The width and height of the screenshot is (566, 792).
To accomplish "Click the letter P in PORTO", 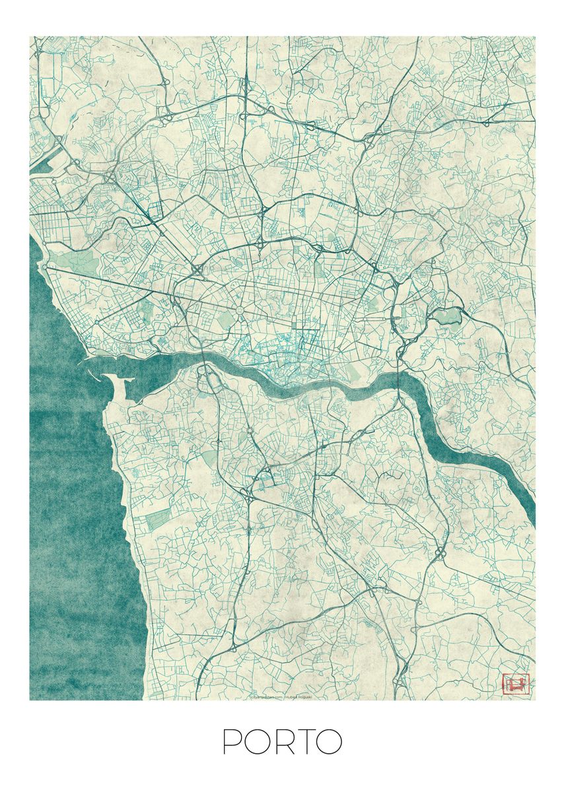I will pyautogui.click(x=232, y=742).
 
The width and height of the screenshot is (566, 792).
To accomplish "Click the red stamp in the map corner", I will pyautogui.click(x=516, y=684).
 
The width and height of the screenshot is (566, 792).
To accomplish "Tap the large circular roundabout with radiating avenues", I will pyautogui.click(x=240, y=309).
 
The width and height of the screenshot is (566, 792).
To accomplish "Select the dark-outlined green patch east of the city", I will pyautogui.click(x=446, y=316).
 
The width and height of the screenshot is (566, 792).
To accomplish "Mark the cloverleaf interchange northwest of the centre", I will pyautogui.click(x=198, y=269).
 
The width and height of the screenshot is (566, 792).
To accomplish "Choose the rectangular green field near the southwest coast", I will pyautogui.click(x=157, y=520).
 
